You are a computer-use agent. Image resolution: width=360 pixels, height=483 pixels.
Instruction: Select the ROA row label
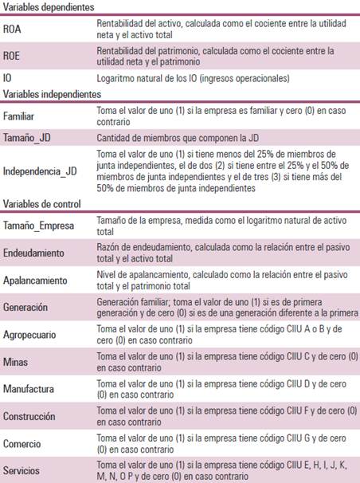[x=13, y=29]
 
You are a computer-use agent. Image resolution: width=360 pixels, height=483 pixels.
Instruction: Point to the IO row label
[x=8, y=78]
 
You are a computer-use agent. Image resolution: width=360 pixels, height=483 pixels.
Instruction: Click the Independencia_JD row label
[x=41, y=170]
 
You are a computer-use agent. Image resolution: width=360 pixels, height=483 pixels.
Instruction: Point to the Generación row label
[x=25, y=306]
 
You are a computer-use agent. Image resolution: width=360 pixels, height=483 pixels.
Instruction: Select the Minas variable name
[x=16, y=362]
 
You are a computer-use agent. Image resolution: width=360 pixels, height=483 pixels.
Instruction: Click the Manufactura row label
[x=29, y=389]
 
